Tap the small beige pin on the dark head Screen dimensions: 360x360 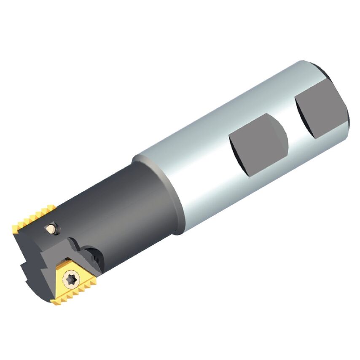(x=51, y=229)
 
